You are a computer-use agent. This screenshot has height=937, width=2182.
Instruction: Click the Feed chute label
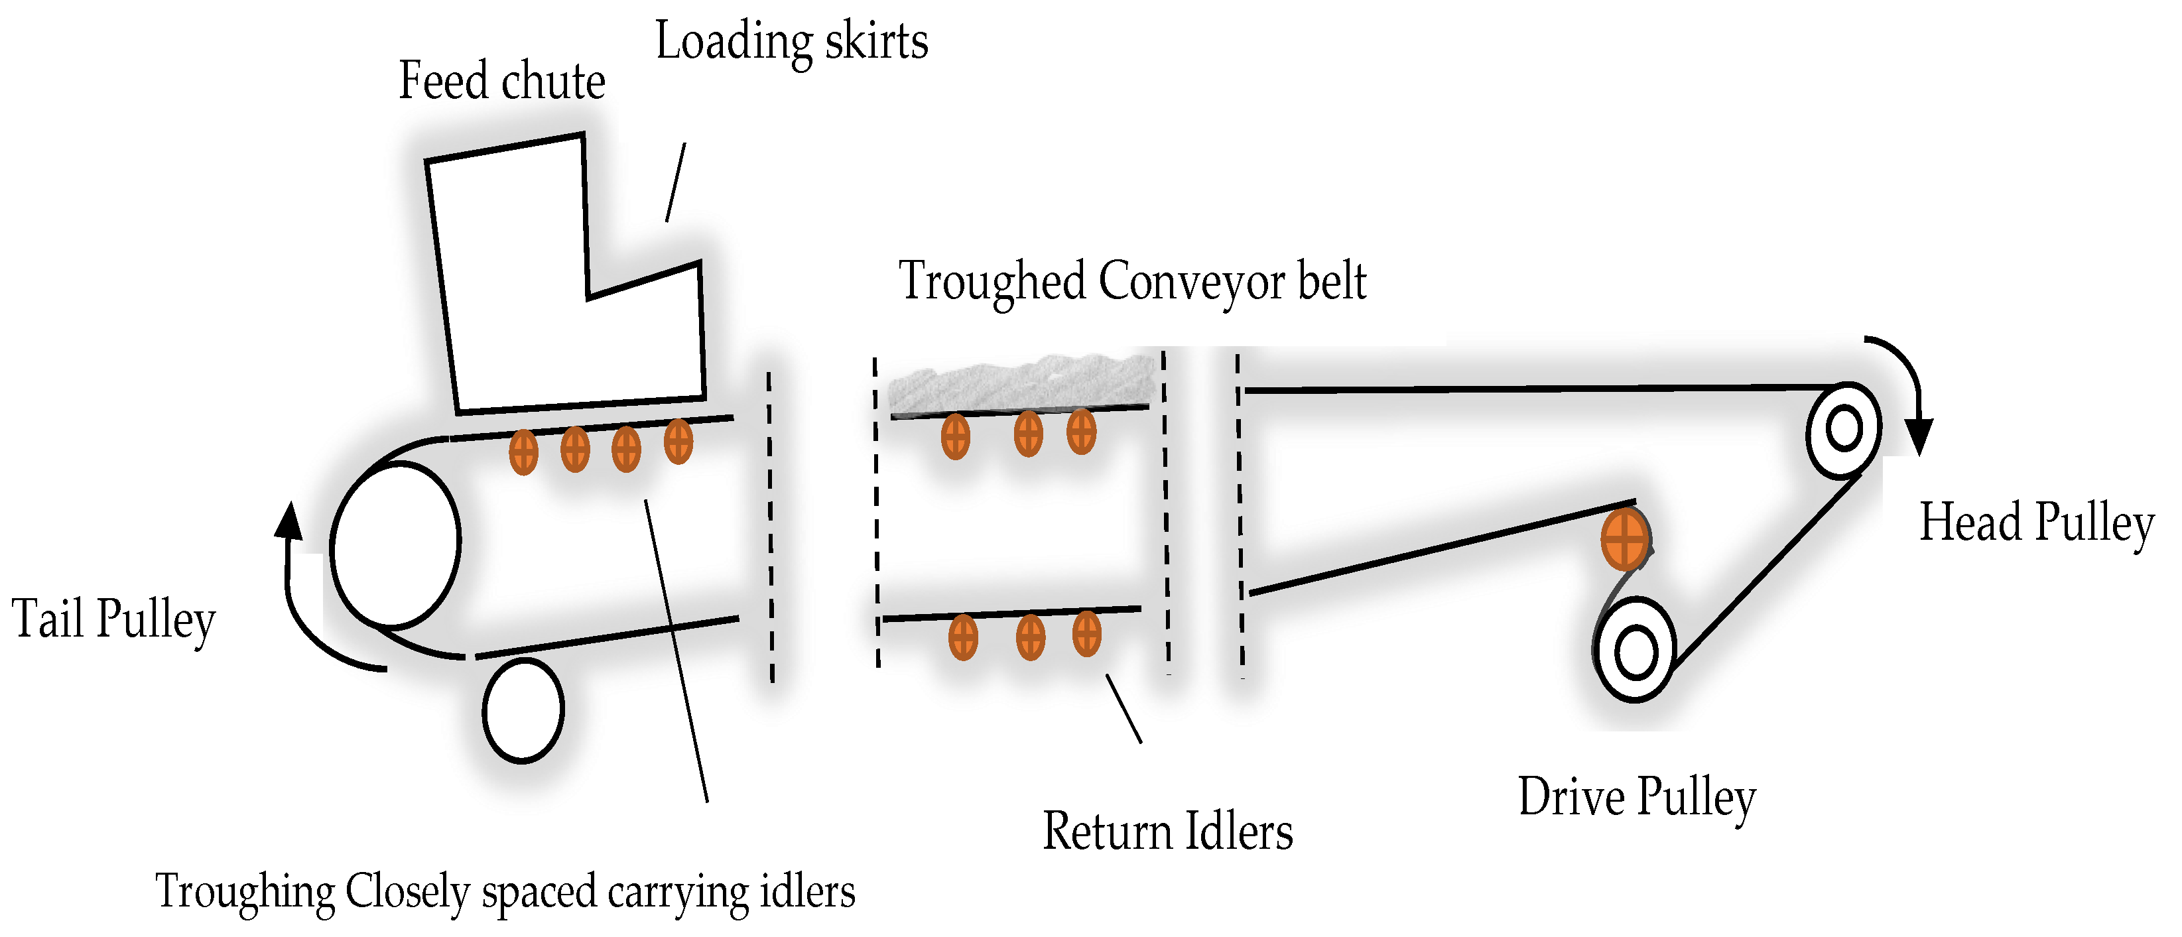(x=501, y=83)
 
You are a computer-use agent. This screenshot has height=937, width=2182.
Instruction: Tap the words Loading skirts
(x=791, y=42)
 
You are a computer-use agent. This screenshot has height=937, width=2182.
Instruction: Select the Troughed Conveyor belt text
(x=1131, y=282)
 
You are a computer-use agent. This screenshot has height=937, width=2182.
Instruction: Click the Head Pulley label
(x=2035, y=523)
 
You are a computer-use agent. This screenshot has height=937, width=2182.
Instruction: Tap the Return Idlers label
(x=1167, y=832)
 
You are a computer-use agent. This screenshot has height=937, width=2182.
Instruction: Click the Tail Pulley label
(x=113, y=619)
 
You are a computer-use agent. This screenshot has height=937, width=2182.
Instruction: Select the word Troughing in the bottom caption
(x=245, y=892)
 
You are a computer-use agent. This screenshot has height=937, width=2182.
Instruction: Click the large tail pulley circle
(x=395, y=546)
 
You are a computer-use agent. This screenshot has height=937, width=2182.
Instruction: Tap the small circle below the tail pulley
(x=523, y=711)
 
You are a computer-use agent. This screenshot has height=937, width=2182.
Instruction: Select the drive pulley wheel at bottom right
(x=1635, y=650)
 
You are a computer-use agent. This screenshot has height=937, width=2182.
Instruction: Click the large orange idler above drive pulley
(x=1625, y=538)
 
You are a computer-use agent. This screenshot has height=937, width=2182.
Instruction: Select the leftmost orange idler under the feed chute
(x=523, y=452)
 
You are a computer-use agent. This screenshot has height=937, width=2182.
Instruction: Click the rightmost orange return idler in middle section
(x=1087, y=634)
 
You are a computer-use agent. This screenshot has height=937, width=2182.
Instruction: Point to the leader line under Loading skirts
(x=675, y=182)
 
